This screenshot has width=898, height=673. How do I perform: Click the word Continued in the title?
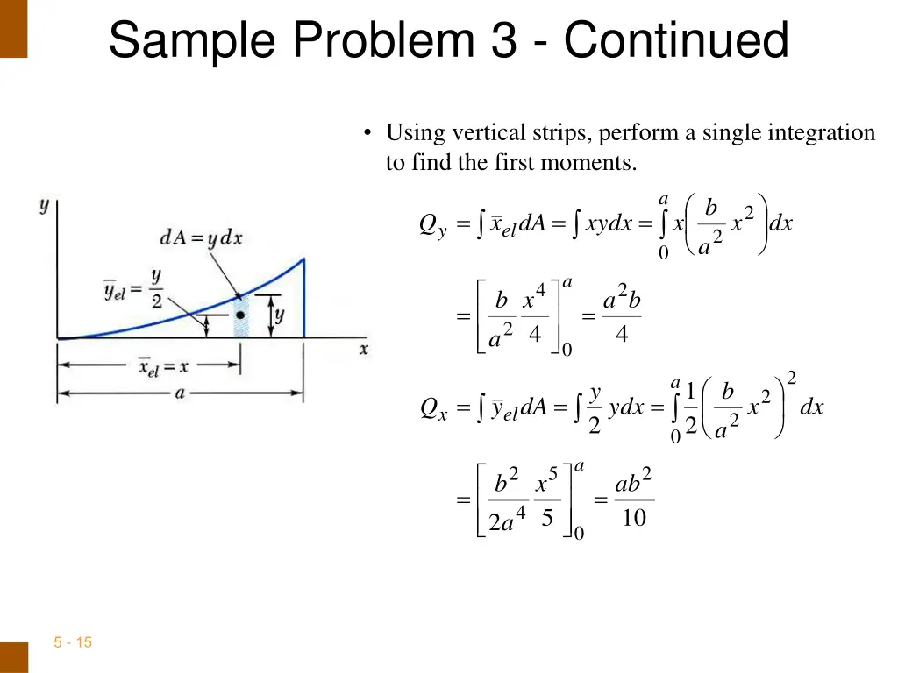point(676,40)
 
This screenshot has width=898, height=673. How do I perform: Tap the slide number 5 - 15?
point(73,642)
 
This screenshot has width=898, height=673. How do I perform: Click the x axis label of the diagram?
point(363,349)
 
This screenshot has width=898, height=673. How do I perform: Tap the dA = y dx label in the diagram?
point(201,237)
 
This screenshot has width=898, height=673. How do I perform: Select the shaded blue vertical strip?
point(240,324)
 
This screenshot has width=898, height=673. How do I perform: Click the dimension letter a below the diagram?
point(180,393)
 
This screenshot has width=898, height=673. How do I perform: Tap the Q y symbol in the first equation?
point(432,226)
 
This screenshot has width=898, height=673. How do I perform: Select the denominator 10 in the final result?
point(633,519)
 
